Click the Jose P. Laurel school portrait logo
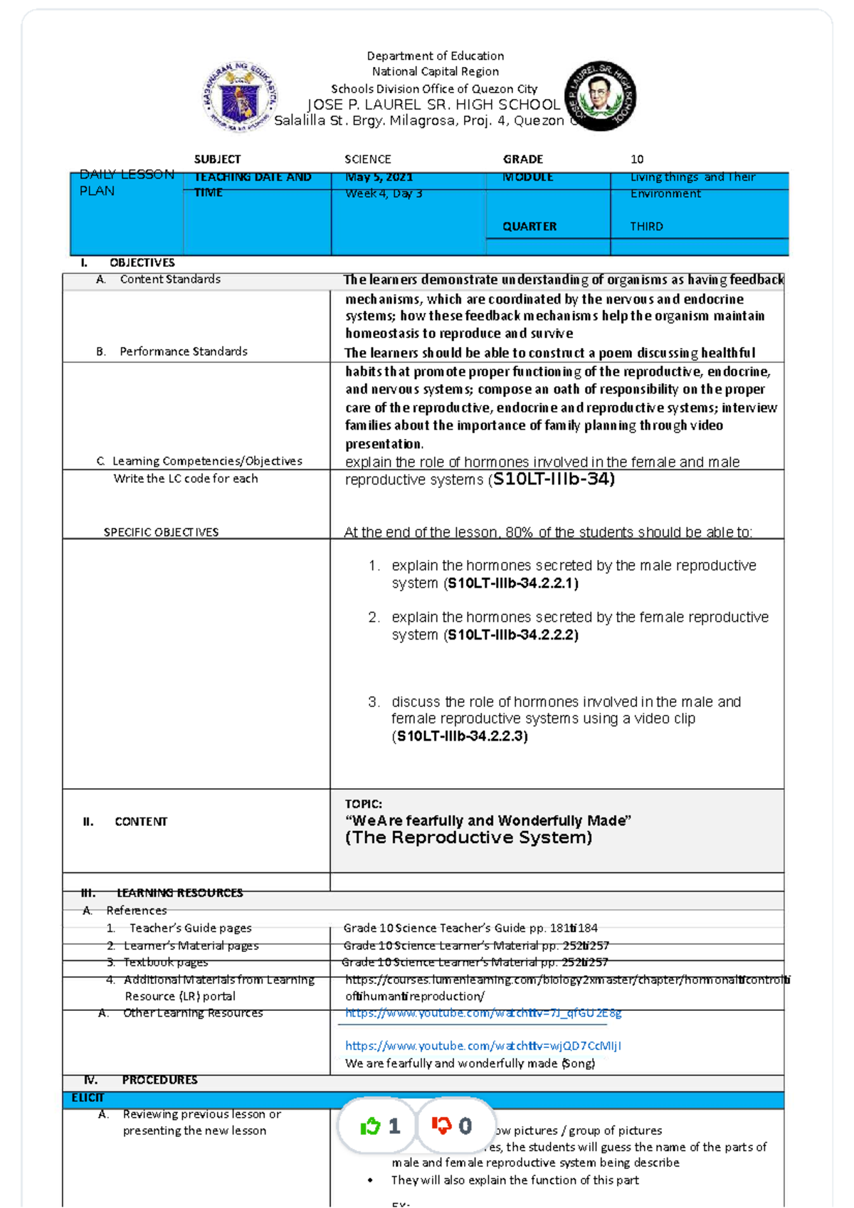(599, 96)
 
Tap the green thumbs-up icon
(371, 1126)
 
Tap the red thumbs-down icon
(442, 1125)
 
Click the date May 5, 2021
(379, 177)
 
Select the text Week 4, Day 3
(384, 194)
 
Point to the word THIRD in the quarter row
(646, 226)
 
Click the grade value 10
(636, 159)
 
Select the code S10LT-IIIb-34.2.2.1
(511, 583)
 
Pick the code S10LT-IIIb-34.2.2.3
(461, 736)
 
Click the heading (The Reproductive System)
(468, 838)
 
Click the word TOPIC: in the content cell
(363, 804)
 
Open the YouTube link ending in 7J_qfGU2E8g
(483, 1013)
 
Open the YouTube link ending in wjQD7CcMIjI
(483, 1046)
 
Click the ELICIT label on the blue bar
(88, 1098)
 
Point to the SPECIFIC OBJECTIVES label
(161, 532)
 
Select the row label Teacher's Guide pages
(190, 928)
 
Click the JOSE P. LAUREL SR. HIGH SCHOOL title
(433, 105)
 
